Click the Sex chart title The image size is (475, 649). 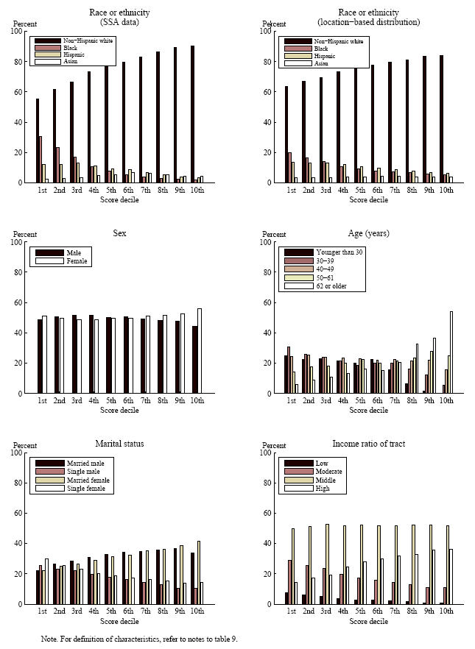(119, 233)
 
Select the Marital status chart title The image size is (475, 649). (119, 444)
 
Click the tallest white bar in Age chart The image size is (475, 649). (451, 352)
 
